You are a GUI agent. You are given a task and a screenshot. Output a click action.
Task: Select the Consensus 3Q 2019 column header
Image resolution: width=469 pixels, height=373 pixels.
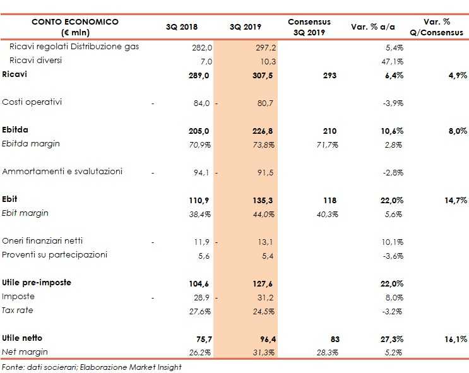click(309, 27)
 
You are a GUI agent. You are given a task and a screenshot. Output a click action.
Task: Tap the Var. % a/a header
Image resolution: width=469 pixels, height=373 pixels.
click(372, 27)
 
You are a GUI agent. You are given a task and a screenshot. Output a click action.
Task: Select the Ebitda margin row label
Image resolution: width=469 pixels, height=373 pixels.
click(31, 144)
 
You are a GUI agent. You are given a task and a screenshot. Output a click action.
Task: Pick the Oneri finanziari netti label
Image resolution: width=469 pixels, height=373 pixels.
click(42, 241)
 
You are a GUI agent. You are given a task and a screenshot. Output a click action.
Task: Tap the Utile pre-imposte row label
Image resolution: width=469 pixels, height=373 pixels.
click(37, 283)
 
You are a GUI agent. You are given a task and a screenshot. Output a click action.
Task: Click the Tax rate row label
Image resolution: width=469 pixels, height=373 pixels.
click(18, 311)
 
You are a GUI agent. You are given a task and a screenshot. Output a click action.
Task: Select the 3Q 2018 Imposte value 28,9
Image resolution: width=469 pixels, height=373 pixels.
click(200, 297)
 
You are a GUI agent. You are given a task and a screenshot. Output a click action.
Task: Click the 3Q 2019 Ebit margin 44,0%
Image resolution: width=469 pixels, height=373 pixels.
click(265, 214)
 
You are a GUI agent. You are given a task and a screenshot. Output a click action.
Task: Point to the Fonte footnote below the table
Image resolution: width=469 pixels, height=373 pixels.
click(91, 367)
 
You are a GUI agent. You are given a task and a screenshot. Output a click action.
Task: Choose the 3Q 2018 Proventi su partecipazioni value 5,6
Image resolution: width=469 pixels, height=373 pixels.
click(203, 255)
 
